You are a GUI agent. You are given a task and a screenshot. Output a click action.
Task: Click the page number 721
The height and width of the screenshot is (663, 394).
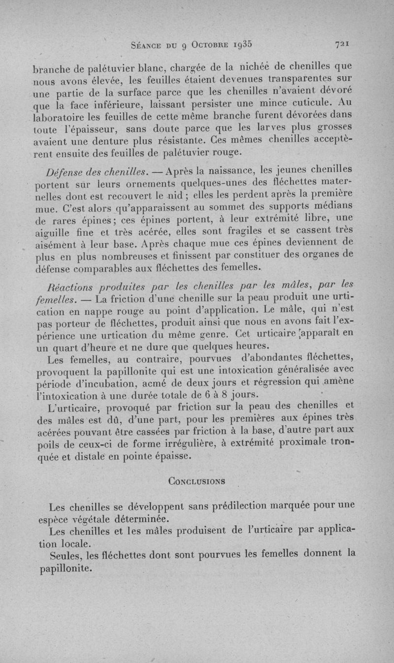[342, 44]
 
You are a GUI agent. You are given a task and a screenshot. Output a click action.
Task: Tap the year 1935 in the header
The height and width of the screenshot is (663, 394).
[239, 43]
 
